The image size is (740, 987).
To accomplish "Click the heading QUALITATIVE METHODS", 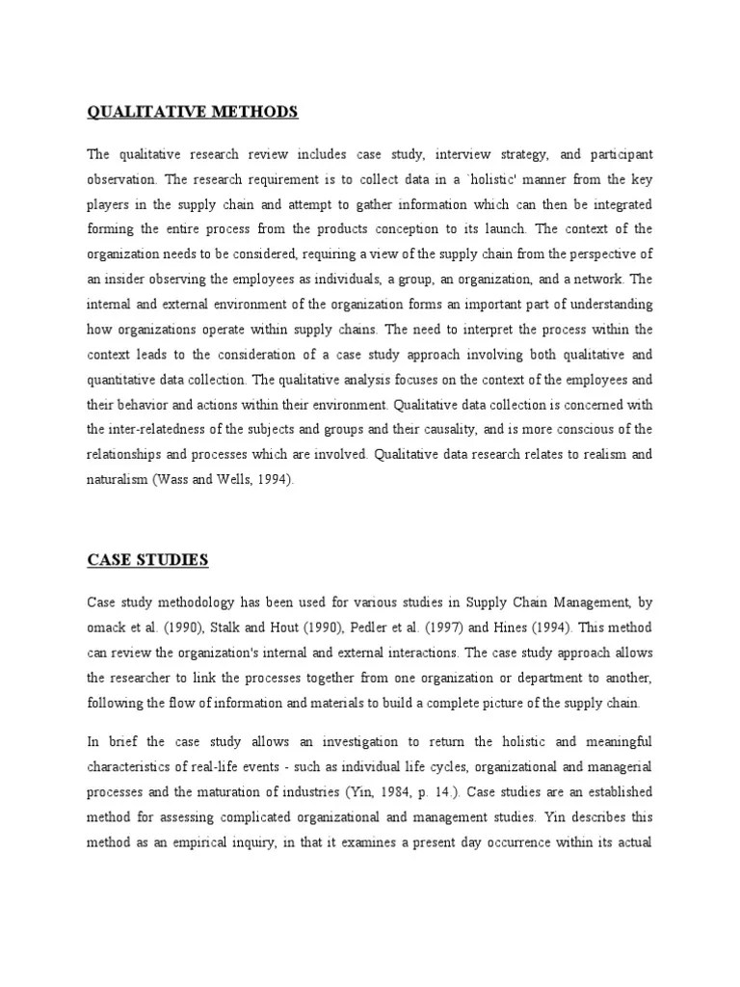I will pos(193,113).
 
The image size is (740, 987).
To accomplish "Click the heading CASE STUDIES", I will pos(147,559).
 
